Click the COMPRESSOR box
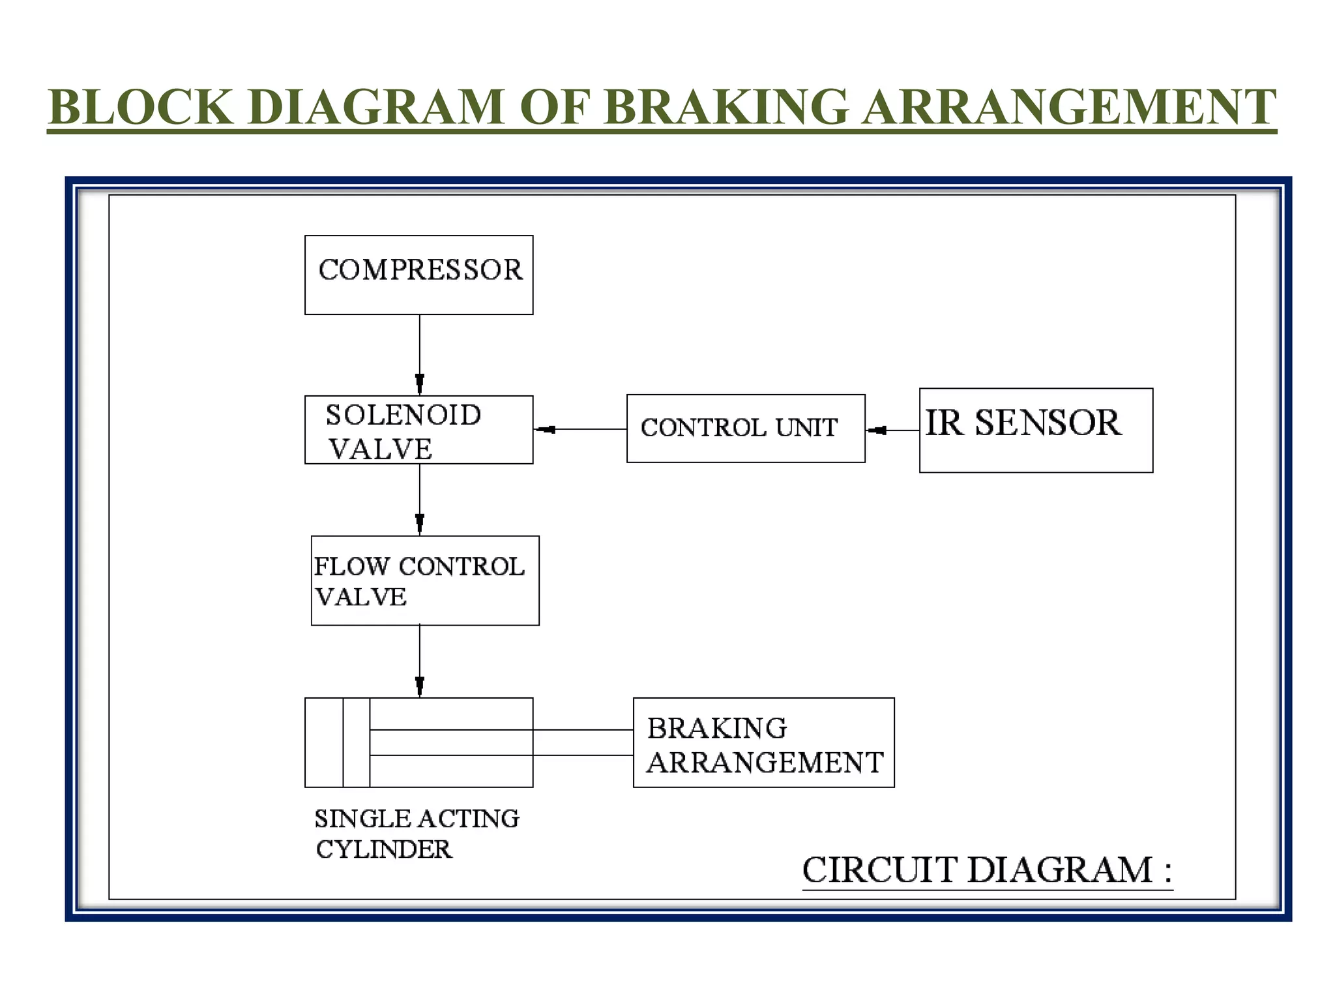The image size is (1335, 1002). coord(418,275)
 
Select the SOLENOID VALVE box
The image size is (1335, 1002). coord(418,430)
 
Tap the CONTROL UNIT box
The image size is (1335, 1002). coord(746,429)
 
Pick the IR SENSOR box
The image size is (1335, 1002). coord(1036,431)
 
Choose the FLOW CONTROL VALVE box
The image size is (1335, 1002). coord(425,581)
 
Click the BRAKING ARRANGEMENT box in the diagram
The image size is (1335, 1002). coord(763,742)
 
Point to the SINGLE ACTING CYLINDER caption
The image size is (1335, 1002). coord(417,834)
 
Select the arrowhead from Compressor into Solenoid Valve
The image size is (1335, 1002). coord(420,384)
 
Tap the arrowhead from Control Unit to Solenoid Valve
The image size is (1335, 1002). coord(545,429)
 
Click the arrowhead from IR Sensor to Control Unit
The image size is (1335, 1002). coord(877,430)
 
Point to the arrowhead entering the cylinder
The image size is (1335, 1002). coord(420,687)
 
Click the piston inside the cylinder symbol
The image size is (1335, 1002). coord(356,742)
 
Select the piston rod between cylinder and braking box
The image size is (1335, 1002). coord(501,742)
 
